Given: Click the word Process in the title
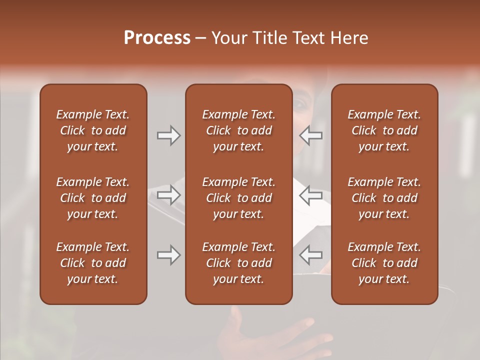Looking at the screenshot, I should pos(157,38).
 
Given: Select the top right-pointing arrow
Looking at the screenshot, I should pos(168,135).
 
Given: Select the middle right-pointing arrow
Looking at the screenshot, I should pos(168,194).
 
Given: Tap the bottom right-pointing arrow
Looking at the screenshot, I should pos(168,255).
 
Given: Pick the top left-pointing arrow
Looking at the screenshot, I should pos(311,135).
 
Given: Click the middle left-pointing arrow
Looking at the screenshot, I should pos(311,194).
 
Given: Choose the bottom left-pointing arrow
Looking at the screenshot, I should pos(311,255).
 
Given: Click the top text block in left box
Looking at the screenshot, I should pos(93,130).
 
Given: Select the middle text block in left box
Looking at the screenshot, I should pos(93,198).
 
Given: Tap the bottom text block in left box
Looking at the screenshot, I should pos(93,263).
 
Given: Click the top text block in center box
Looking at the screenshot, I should pos(238,130).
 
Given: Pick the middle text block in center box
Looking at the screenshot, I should pos(238,198).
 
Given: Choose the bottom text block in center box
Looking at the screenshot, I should pos(238,263).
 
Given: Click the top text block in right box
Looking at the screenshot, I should pos(384,130).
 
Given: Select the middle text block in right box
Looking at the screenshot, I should pos(384,198).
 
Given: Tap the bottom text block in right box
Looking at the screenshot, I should pos(384,263).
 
